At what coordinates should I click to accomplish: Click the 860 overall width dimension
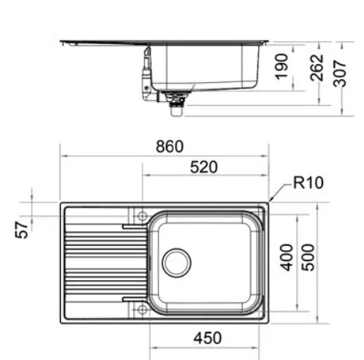[x=169, y=145]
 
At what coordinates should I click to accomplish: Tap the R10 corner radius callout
[x=309, y=183]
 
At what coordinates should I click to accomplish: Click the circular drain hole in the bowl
[x=176, y=262]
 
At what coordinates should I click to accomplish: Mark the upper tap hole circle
[x=142, y=217]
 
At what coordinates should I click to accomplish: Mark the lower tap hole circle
[x=142, y=308]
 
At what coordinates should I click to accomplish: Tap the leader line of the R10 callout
[x=282, y=191]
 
